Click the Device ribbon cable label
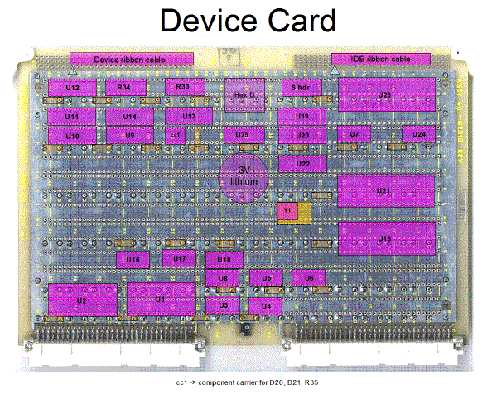(132, 59)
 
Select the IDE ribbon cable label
(381, 59)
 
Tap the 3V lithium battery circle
(244, 175)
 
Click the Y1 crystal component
(287, 212)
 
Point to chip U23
(385, 95)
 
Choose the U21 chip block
(385, 191)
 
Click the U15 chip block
(385, 238)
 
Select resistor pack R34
(124, 87)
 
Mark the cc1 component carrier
(175, 133)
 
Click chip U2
(82, 300)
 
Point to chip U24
(418, 133)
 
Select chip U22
(302, 164)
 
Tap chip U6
(308, 279)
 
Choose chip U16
(134, 260)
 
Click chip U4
(266, 305)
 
